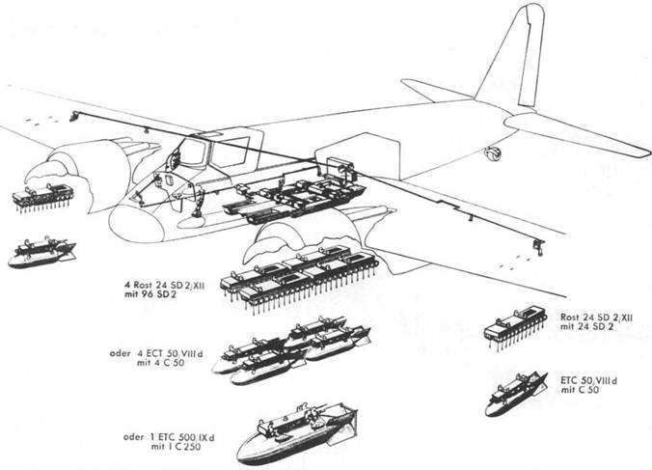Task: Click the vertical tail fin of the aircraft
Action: pos(521,58)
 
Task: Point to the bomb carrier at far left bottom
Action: pos(41,253)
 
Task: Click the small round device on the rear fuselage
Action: pos(495,152)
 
